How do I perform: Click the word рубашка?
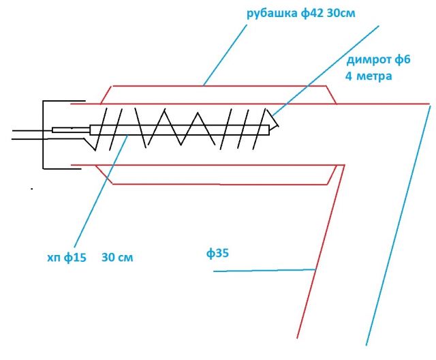point(272,14)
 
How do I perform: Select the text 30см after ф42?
point(341,13)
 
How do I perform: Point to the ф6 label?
point(402,60)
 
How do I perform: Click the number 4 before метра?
point(349,76)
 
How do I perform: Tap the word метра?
point(374,76)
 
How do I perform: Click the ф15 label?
point(75,258)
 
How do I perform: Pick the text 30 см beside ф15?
point(117,257)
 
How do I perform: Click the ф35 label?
point(217,253)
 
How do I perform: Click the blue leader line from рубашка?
point(225,55)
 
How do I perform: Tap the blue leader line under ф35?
point(264,271)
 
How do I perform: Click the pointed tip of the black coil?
point(279,125)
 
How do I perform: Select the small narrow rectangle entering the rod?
point(71,130)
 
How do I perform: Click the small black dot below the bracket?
point(32,189)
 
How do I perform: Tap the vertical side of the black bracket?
point(43,134)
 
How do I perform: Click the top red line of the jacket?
point(219,86)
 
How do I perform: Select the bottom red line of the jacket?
point(220,184)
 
